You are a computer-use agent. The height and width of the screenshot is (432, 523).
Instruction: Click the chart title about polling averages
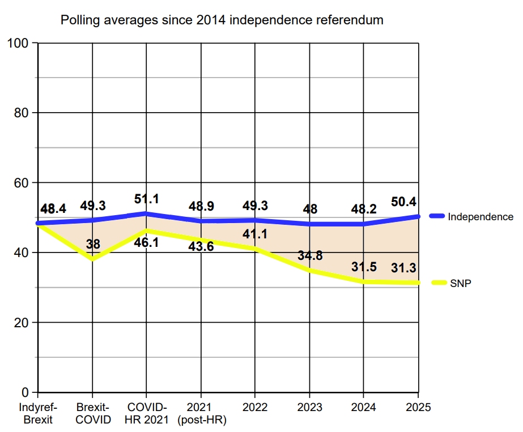click(222, 20)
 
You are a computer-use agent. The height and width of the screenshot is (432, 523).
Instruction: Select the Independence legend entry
click(480, 216)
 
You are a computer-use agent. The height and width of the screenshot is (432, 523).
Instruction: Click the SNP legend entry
click(461, 283)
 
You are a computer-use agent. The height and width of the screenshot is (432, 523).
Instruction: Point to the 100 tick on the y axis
click(19, 43)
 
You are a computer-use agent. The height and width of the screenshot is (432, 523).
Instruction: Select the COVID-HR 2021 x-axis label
click(146, 413)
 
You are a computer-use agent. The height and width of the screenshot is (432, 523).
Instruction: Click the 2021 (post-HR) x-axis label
click(201, 413)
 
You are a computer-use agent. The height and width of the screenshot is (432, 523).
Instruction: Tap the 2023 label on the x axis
click(309, 407)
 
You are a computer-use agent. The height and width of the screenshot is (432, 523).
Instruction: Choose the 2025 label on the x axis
click(418, 407)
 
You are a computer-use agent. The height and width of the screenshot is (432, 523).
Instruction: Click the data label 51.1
click(147, 199)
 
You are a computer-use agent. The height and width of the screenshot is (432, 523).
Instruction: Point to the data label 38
click(93, 244)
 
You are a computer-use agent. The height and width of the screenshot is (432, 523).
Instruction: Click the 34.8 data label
click(309, 255)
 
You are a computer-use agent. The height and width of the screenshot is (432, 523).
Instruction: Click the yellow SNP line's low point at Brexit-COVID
click(92, 259)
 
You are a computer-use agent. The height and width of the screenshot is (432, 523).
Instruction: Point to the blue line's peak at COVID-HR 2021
click(146, 213)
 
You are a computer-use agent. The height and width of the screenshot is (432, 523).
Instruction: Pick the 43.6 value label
click(201, 246)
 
